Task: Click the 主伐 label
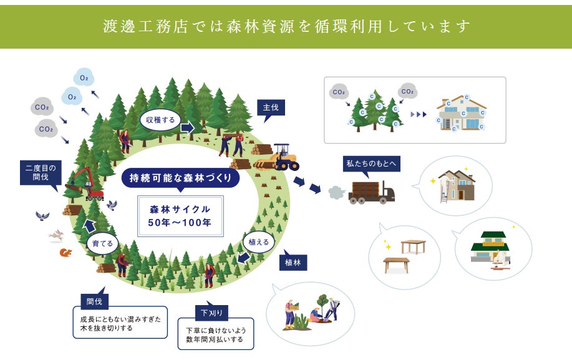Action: pyautogui.click(x=271, y=108)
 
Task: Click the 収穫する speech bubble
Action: pyautogui.click(x=161, y=119)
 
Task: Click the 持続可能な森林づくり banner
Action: pyautogui.click(x=180, y=178)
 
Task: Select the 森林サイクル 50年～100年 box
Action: pyautogui.click(x=180, y=215)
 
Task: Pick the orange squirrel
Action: pyautogui.click(x=65, y=252)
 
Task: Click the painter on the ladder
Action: pyautogui.click(x=444, y=187)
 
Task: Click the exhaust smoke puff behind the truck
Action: pyautogui.click(x=334, y=190)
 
